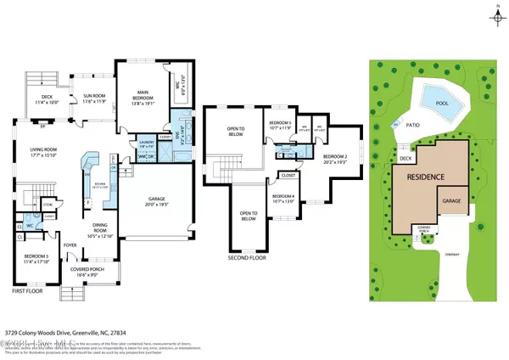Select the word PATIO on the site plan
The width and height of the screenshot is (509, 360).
point(412,124)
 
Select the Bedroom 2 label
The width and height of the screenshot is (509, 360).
point(335,159)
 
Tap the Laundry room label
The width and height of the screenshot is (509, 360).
point(124,144)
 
